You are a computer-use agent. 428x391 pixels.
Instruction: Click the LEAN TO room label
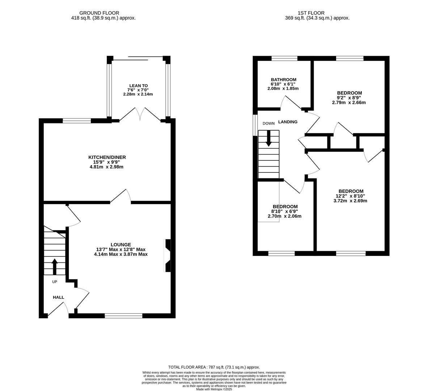[x=138, y=86]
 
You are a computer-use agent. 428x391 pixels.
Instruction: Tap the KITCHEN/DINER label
[x=107, y=157]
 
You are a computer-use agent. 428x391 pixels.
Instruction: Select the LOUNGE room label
[x=120, y=244]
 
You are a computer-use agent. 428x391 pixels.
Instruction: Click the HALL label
[x=59, y=297]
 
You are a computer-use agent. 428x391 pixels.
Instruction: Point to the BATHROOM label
[x=283, y=80]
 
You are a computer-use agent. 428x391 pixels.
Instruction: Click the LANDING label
[x=288, y=122]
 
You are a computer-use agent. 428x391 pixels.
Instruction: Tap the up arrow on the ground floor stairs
[x=55, y=267]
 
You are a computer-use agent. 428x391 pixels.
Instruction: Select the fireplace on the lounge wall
[x=168, y=255]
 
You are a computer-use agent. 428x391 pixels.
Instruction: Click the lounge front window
[x=123, y=316]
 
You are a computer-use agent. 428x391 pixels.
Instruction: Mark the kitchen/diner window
[x=77, y=121]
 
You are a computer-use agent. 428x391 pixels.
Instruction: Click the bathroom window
[x=284, y=58]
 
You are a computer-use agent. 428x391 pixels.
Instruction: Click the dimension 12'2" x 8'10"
[x=351, y=196]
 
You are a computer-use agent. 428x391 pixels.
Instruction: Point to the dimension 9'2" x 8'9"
[x=349, y=98]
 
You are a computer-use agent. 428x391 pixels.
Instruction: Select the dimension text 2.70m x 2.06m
[x=284, y=216]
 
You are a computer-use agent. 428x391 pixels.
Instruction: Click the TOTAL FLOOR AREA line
[x=214, y=367]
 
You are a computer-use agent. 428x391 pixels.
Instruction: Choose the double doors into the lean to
[x=140, y=114]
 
